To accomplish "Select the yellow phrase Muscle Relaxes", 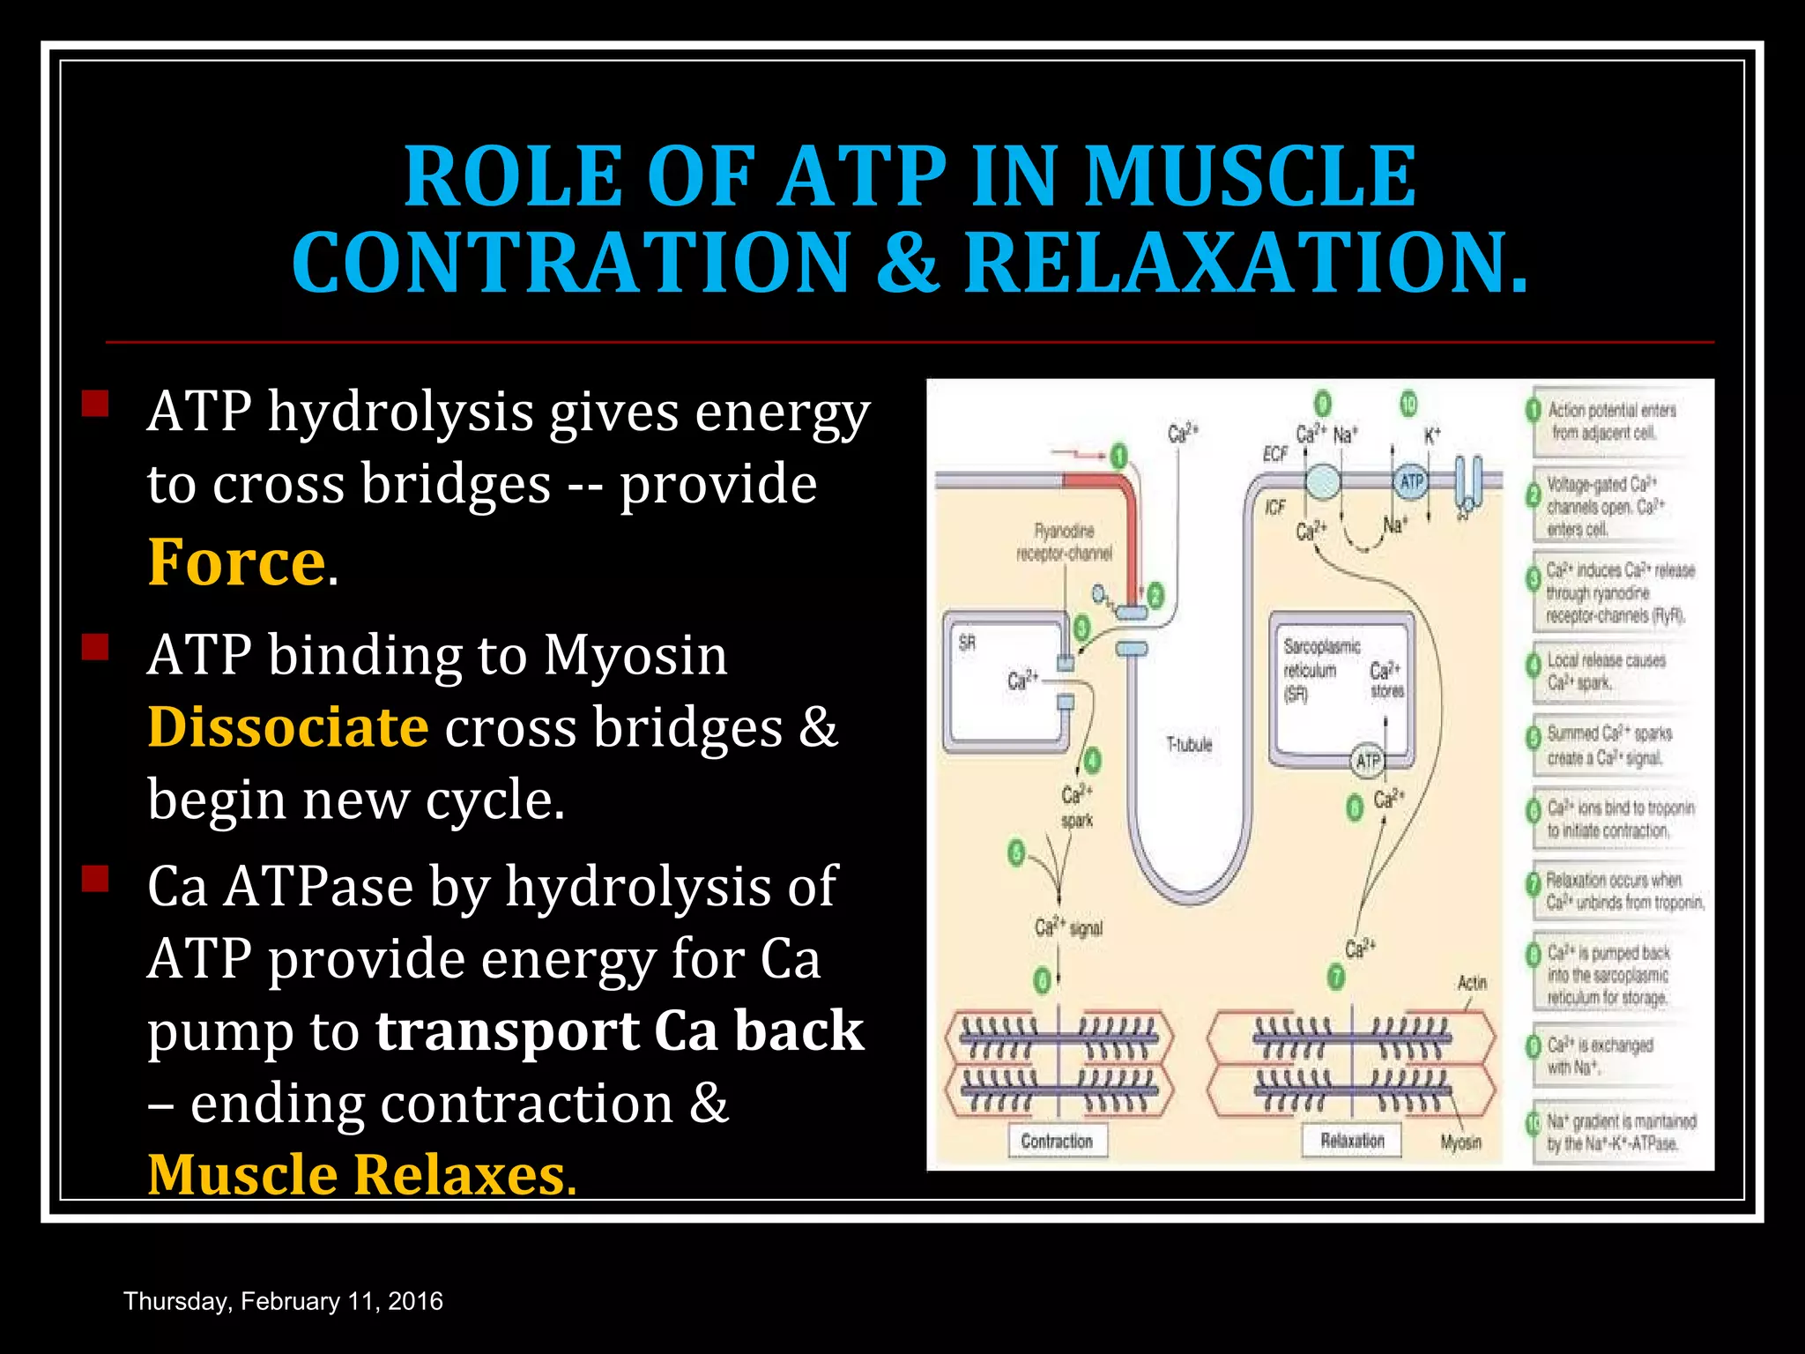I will pyautogui.click(x=361, y=1174).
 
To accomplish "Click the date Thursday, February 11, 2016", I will pyautogui.click(x=283, y=1301).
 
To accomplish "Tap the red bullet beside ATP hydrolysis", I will pyautogui.click(x=94, y=405).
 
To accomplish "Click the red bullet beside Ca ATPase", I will pyautogui.click(x=94, y=879).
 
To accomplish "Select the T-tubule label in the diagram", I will pyautogui.click(x=1189, y=745).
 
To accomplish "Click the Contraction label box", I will pyautogui.click(x=1057, y=1141).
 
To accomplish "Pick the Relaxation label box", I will pyautogui.click(x=1352, y=1140).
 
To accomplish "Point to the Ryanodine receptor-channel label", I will pyautogui.click(x=1064, y=542).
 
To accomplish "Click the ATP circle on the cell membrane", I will pyautogui.click(x=1411, y=481).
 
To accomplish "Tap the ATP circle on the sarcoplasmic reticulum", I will pyautogui.click(x=1367, y=761).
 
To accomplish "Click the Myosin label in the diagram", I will pyautogui.click(x=1460, y=1142).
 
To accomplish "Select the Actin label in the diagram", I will pyautogui.click(x=1472, y=982).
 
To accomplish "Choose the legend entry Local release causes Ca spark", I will pyautogui.click(x=1606, y=671).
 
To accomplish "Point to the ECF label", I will pyautogui.click(x=1275, y=453).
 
